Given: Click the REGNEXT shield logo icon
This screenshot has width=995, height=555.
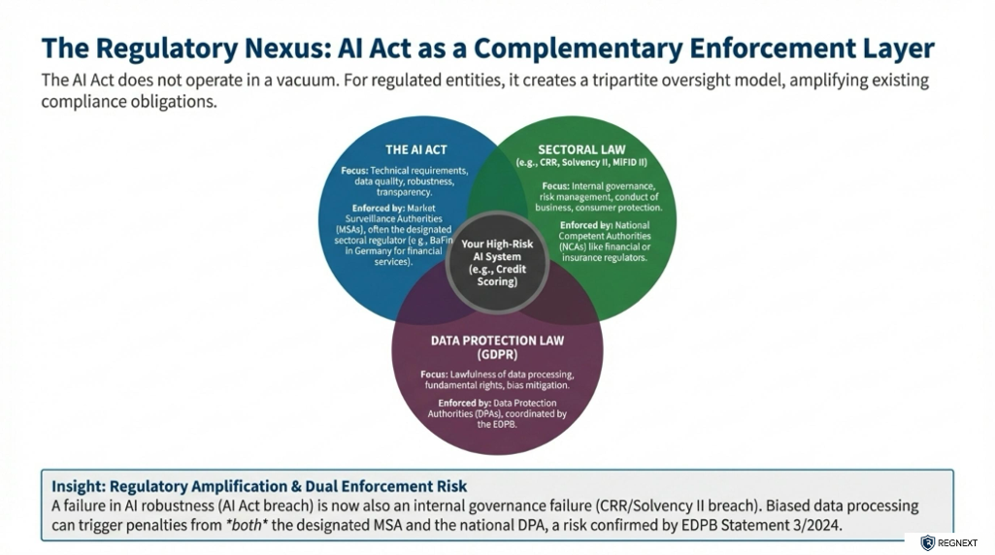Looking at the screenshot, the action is point(927,543).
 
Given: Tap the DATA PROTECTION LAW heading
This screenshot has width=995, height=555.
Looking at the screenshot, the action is point(497,341).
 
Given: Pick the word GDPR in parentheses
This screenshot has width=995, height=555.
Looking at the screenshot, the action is point(497,355).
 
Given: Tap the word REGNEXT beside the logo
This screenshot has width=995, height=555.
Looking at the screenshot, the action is point(958,543).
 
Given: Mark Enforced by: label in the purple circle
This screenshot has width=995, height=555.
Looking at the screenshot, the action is point(461,402).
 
